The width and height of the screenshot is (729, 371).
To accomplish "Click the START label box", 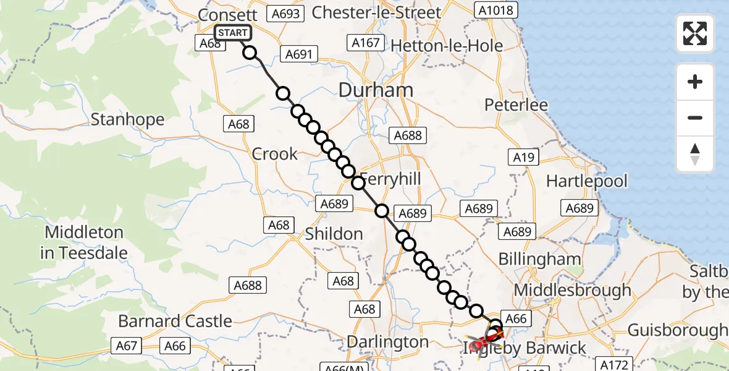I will tap(233, 33).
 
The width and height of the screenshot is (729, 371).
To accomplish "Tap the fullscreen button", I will tap(695, 33).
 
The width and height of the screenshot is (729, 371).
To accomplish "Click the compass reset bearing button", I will tap(695, 154).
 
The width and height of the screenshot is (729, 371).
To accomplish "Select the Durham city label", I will tap(376, 90).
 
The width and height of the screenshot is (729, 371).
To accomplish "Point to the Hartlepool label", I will tap(586, 181).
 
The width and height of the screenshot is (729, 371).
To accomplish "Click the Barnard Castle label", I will tap(175, 322).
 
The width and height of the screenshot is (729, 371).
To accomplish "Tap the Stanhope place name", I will tap(127, 119).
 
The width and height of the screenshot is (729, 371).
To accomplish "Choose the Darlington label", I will tap(387, 342).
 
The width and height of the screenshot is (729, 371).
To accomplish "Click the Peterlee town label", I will tap(516, 105).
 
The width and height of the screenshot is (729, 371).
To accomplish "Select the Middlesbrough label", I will tap(572, 290).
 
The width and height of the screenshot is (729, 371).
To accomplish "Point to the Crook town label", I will tap(275, 154).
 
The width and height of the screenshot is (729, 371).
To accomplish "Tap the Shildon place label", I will tap(334, 234).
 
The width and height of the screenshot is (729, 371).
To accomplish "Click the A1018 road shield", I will tap(495, 9).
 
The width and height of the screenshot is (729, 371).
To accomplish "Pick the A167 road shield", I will tap(366, 43).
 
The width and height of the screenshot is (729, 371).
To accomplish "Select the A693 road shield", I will tap(285, 14).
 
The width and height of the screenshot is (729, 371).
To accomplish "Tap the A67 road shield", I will tap(127, 346).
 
